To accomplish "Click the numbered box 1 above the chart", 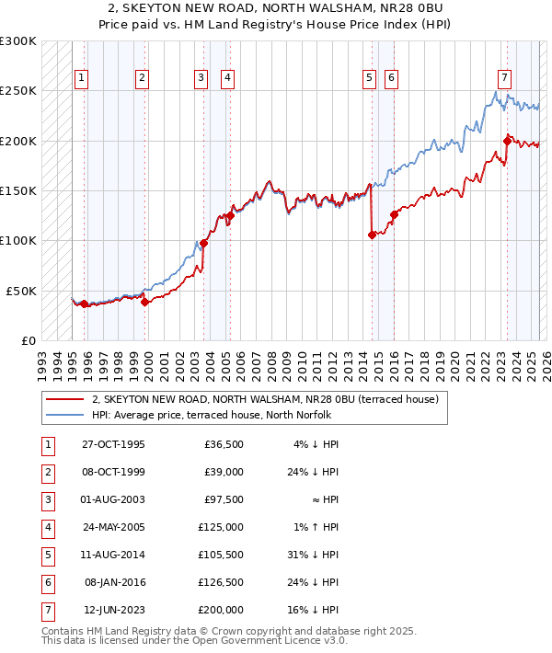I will pyautogui.click(x=82, y=78).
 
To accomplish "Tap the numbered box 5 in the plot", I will pyautogui.click(x=368, y=78).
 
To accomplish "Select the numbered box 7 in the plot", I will pyautogui.click(x=504, y=78).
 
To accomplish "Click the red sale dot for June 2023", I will pyautogui.click(x=507, y=141).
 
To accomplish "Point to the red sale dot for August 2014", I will pyautogui.click(x=372, y=235).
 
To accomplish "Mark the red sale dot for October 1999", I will pyautogui.click(x=145, y=302).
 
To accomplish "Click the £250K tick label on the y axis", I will pyautogui.click(x=19, y=91).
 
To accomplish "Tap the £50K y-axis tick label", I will pyautogui.click(x=22, y=291).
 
